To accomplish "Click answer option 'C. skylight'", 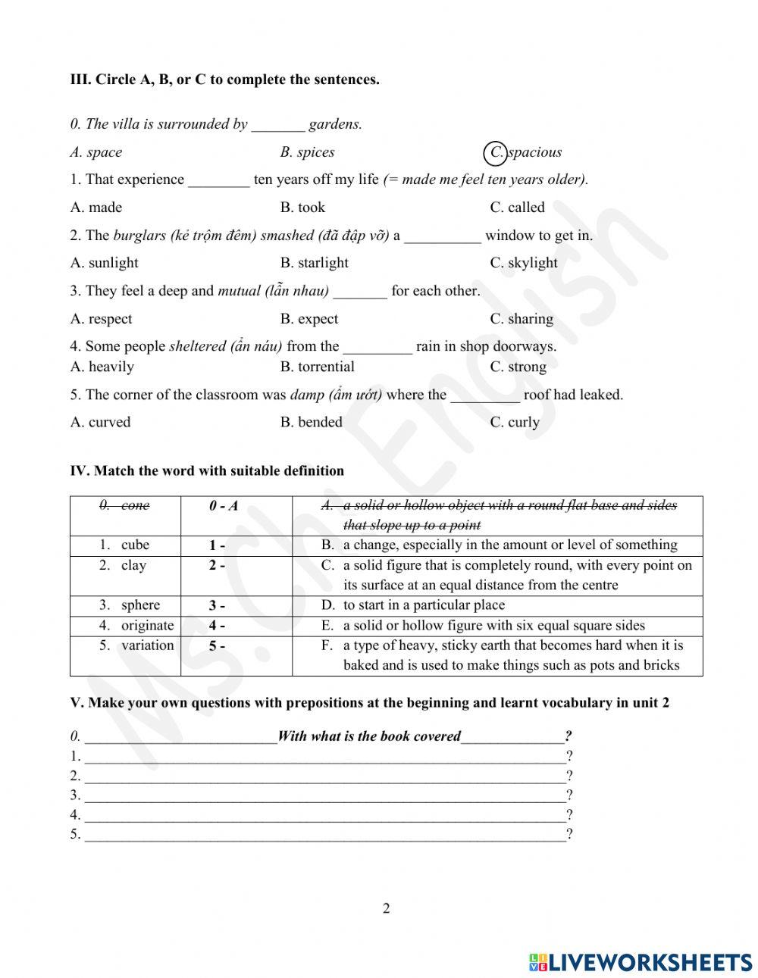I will (x=523, y=263).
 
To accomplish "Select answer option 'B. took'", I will (x=302, y=208).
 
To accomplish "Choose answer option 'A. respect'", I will (x=101, y=319).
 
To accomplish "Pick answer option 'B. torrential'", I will (x=317, y=367).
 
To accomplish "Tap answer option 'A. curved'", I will (x=100, y=422).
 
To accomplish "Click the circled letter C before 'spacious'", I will (x=495, y=152).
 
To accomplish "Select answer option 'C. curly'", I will (x=515, y=422).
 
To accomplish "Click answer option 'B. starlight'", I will (x=314, y=263).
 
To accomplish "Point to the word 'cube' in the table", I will (x=135, y=545).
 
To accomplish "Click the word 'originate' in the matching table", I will (x=147, y=625).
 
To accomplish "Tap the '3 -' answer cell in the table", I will (x=217, y=605).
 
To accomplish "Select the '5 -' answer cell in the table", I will (x=217, y=645).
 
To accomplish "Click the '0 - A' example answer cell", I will (x=223, y=506).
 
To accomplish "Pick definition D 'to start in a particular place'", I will (x=423, y=605).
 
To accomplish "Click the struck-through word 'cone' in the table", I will (x=135, y=505).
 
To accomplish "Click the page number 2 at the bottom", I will (x=386, y=908).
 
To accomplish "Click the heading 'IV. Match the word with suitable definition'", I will (x=207, y=470).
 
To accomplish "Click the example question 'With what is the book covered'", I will (x=369, y=736).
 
